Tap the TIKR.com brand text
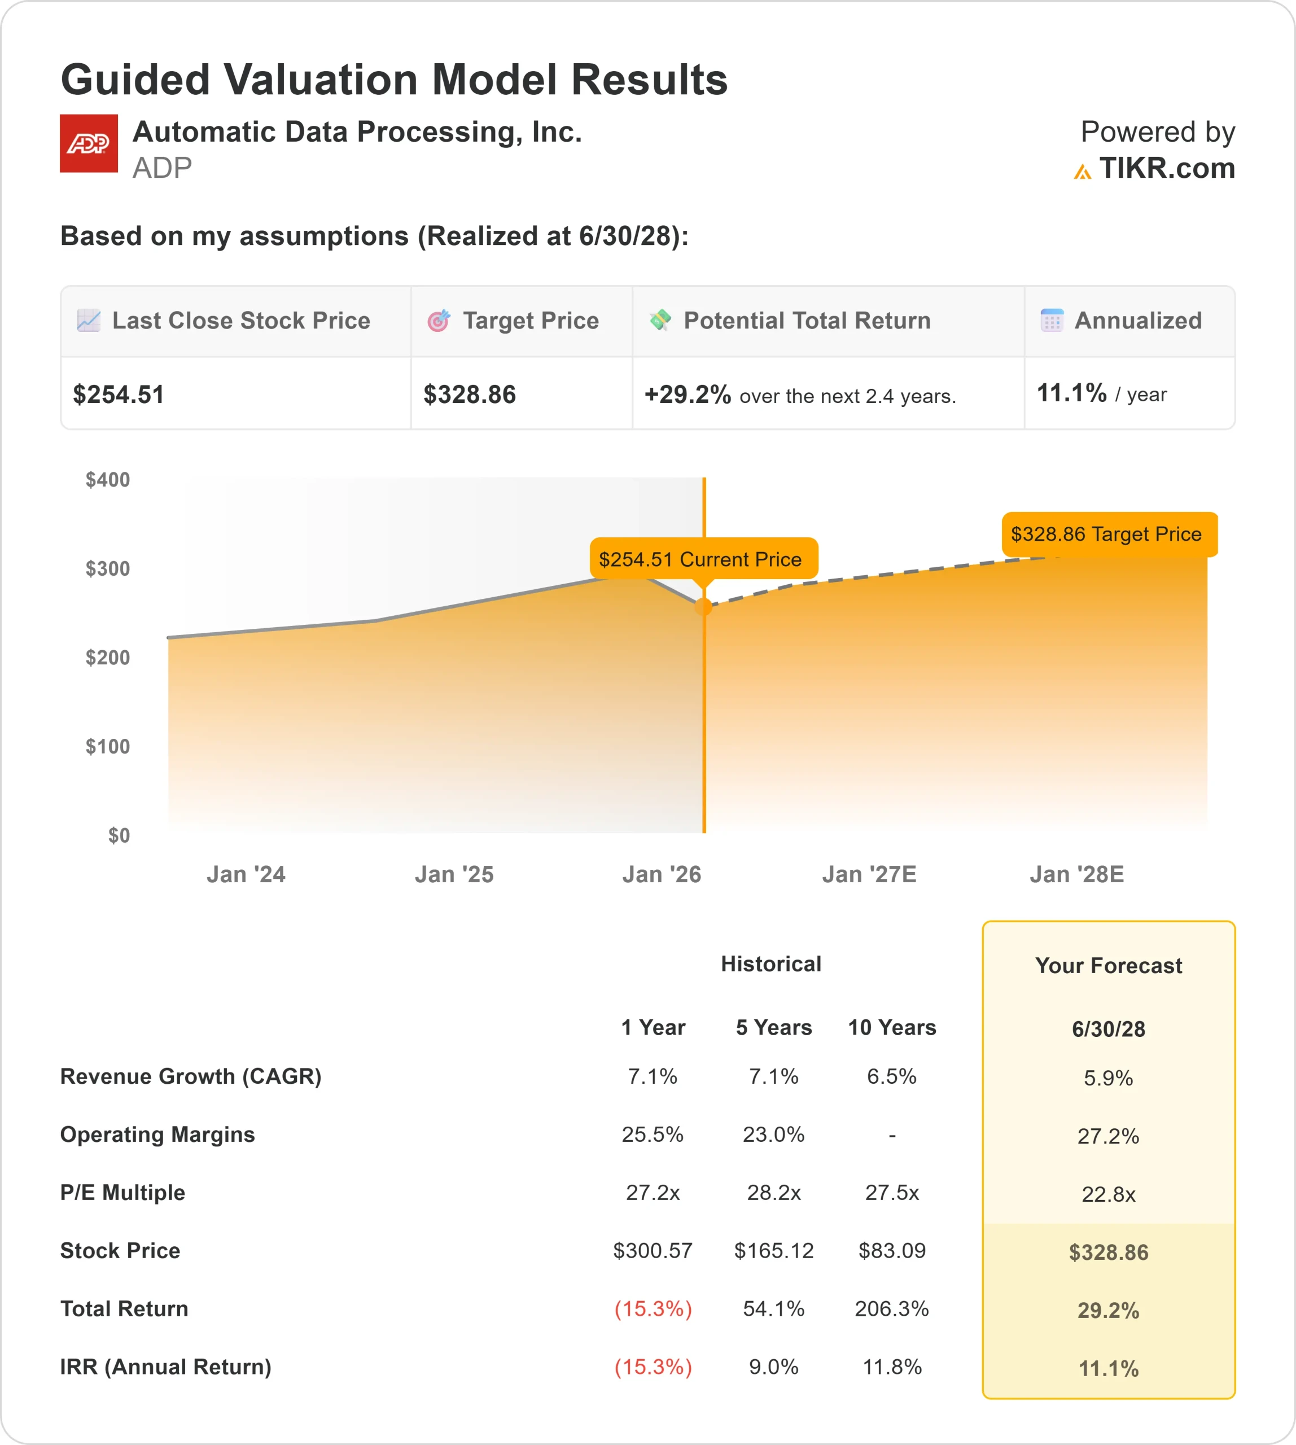(x=1166, y=169)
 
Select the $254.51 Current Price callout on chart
(x=703, y=559)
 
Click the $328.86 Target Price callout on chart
(x=1109, y=534)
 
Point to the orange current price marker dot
(x=703, y=607)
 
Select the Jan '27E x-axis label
(x=869, y=874)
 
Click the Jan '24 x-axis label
(x=246, y=874)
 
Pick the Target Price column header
(x=531, y=321)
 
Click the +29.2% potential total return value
(x=687, y=395)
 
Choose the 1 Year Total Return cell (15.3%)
(x=653, y=1309)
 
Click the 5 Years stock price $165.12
(x=773, y=1251)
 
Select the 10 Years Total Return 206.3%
(x=891, y=1309)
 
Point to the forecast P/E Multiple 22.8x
(x=1108, y=1194)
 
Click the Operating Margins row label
(x=157, y=1135)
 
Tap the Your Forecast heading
(x=1108, y=966)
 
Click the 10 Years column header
(x=891, y=1028)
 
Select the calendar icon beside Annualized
(x=1052, y=321)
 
